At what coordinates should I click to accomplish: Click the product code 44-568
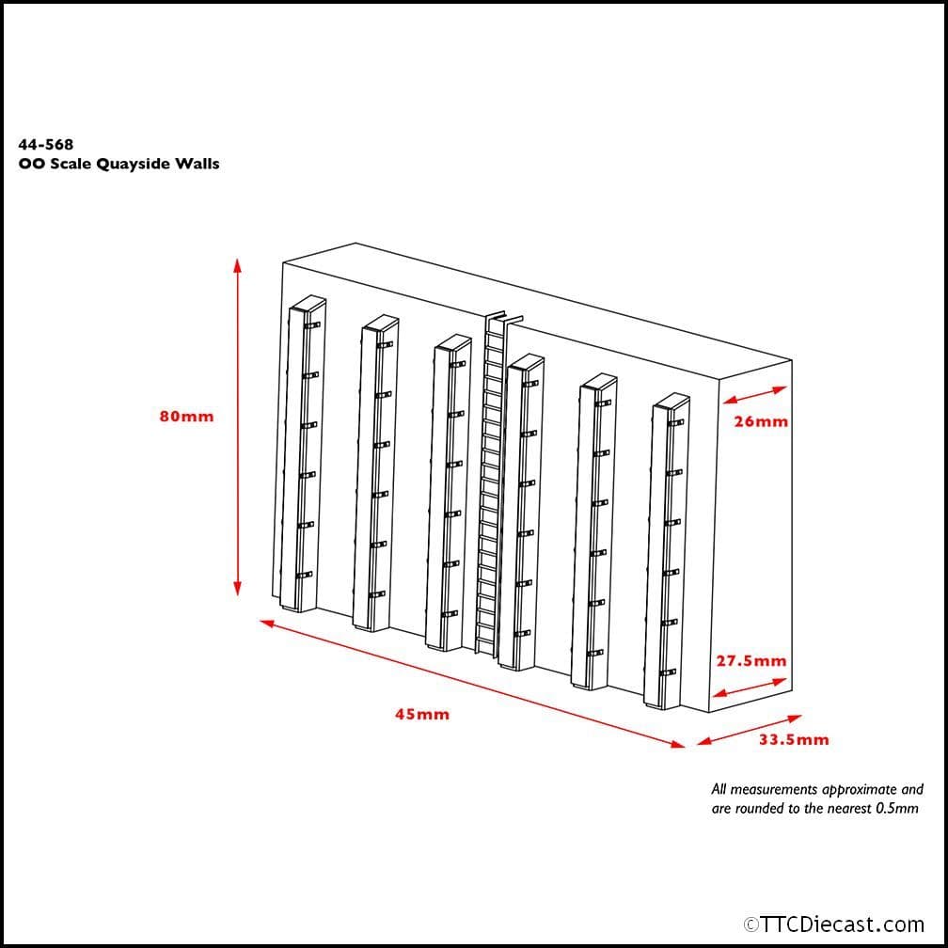(x=45, y=145)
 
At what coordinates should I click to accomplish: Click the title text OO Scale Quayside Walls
(x=118, y=164)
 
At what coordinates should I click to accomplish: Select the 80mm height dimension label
(x=186, y=417)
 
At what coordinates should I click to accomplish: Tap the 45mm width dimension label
(x=421, y=714)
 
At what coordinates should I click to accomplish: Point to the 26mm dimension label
(x=761, y=421)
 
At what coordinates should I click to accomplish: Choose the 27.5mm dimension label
(x=750, y=661)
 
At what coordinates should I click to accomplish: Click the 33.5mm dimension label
(x=794, y=739)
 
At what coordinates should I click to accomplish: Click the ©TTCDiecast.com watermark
(x=833, y=924)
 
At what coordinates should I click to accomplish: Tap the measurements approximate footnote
(x=816, y=799)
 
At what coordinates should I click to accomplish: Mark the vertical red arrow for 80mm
(x=238, y=428)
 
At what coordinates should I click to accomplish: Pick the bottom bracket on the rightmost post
(x=669, y=672)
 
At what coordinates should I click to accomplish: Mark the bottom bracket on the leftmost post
(x=304, y=574)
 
